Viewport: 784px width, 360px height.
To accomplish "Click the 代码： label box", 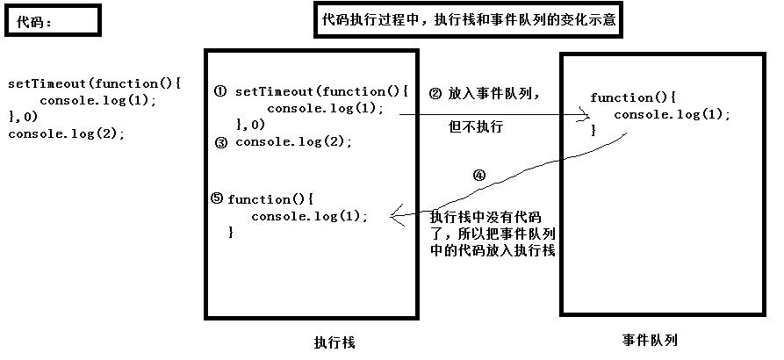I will tap(51, 20).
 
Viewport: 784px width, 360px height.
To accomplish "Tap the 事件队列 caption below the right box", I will tap(651, 340).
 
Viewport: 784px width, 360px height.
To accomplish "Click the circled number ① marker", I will tap(220, 91).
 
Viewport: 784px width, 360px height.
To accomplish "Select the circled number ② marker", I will tap(435, 93).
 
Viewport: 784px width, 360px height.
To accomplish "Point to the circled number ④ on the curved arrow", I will tap(478, 174).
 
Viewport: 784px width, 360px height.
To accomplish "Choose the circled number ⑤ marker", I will tap(217, 198).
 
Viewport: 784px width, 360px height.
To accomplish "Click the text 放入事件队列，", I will tap(494, 93).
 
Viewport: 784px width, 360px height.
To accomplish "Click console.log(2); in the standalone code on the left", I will tap(67, 133).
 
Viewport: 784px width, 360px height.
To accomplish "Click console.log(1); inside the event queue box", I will tap(672, 114).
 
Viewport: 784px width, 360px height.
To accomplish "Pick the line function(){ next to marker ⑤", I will tap(270, 199).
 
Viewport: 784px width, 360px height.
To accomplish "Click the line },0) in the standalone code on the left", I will tap(23, 117).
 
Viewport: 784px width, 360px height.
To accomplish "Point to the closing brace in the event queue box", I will tap(593, 130).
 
